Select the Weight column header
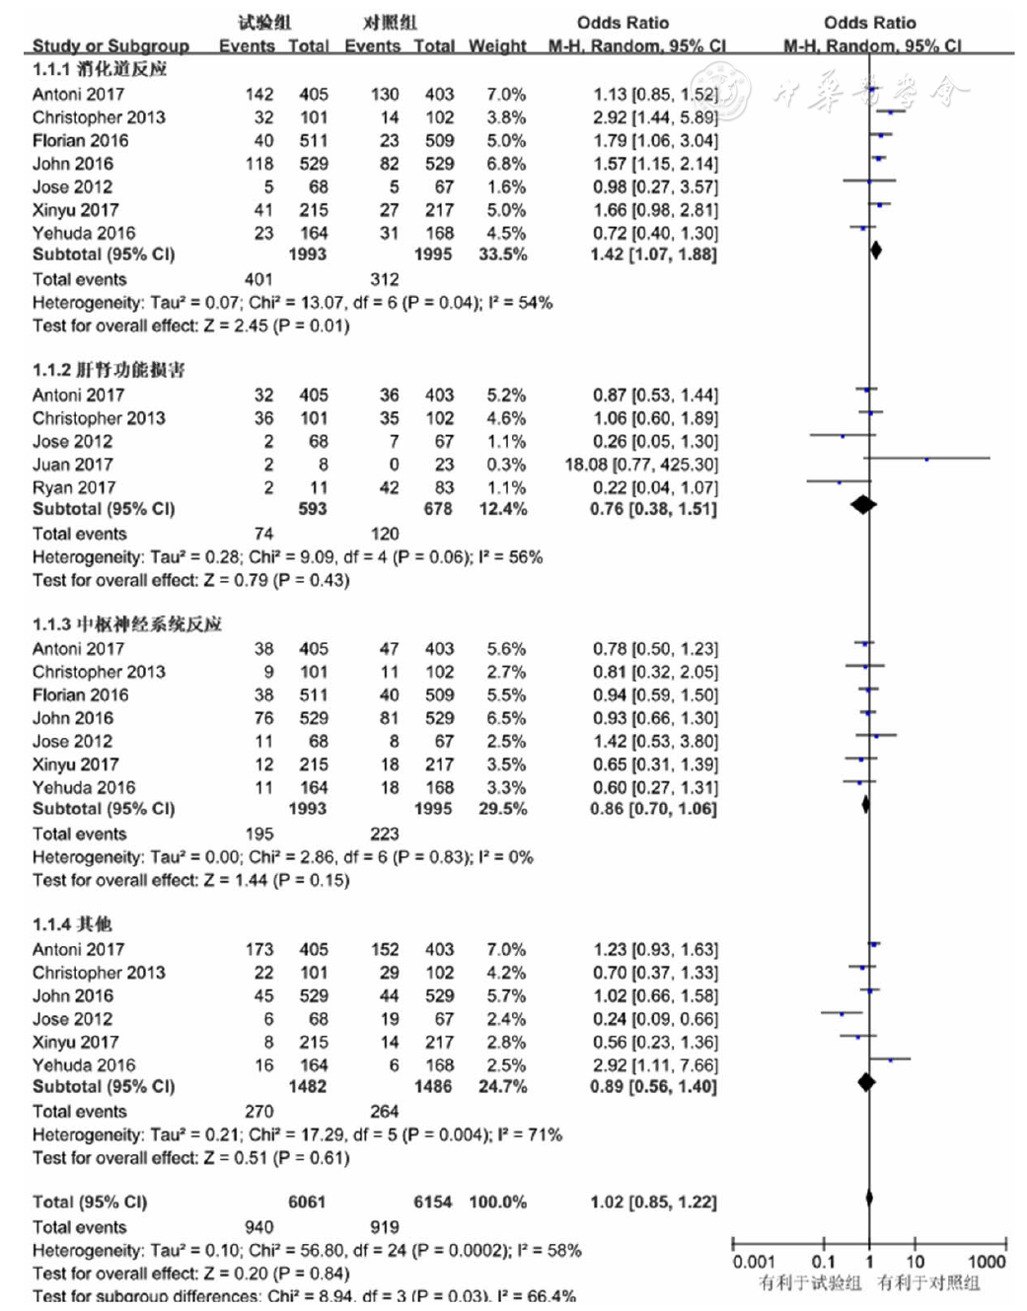497,45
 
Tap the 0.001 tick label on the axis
754,1261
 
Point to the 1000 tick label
987,1261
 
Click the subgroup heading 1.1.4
72,923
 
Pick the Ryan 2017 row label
74,487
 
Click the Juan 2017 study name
72,465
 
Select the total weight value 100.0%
498,1202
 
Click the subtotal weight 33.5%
502,255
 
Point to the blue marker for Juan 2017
926,460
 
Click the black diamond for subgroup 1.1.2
863,504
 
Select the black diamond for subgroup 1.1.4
866,1082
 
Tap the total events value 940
259,1227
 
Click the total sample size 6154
433,1202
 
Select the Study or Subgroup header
111,45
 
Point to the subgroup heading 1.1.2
109,369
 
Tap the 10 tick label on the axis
915,1261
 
